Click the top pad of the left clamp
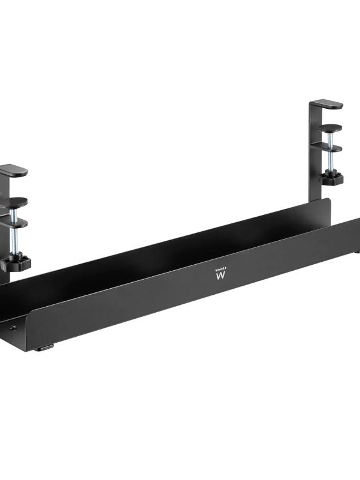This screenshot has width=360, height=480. coord(14,171)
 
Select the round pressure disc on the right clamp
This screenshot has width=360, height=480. coord(330,128)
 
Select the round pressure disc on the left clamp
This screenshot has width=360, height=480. coord(14,201)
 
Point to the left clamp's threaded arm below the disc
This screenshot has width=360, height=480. coord(14,223)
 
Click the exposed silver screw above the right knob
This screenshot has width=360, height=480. coord(330,161)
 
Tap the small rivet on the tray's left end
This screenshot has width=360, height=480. coord(13,327)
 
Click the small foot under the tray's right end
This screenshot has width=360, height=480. coord(357,252)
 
